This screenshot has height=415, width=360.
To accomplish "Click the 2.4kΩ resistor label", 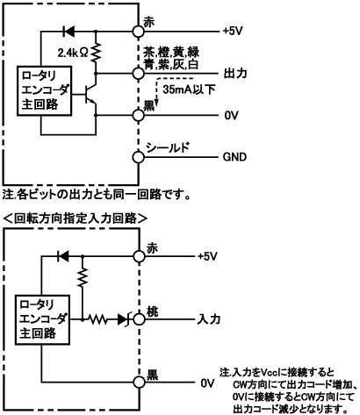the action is pyautogui.click(x=72, y=53).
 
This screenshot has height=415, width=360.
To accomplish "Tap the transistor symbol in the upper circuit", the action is pyautogui.click(x=90, y=95).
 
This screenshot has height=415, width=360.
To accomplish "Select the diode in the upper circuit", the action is pyautogui.click(x=68, y=31).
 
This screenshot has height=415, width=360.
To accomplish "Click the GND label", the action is pyautogui.click(x=234, y=157).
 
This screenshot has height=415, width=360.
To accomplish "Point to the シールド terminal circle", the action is pyautogui.click(x=138, y=157).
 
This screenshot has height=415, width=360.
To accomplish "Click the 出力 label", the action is pyautogui.click(x=235, y=73).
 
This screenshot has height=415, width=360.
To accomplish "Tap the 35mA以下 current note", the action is pyautogui.click(x=189, y=89).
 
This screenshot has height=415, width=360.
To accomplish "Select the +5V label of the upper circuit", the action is pyautogui.click(x=233, y=31).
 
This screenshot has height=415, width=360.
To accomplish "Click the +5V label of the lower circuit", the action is pyautogui.click(x=207, y=256).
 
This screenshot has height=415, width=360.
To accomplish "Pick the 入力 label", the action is pyautogui.click(x=209, y=319).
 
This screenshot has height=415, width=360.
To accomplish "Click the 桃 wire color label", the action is pyautogui.click(x=152, y=312).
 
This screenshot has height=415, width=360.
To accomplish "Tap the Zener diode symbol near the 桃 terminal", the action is pyautogui.click(x=125, y=319).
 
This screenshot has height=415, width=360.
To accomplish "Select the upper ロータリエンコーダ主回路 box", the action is pyautogui.click(x=44, y=91).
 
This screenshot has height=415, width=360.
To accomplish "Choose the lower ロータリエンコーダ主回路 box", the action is pyautogui.click(x=42, y=319).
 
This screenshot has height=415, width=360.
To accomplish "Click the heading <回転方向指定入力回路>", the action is pyautogui.click(x=75, y=218).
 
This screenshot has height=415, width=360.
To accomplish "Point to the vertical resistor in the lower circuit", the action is pyautogui.click(x=83, y=277).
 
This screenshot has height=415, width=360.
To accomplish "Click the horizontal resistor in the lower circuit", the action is pyautogui.click(x=97, y=319).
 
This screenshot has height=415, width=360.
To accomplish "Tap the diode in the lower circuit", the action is pyautogui.click(x=63, y=256).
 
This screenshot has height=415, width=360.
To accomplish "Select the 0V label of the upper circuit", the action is pyautogui.click(x=232, y=116).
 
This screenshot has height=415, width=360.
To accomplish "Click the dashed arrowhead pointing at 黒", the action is pyautogui.click(x=157, y=103).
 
